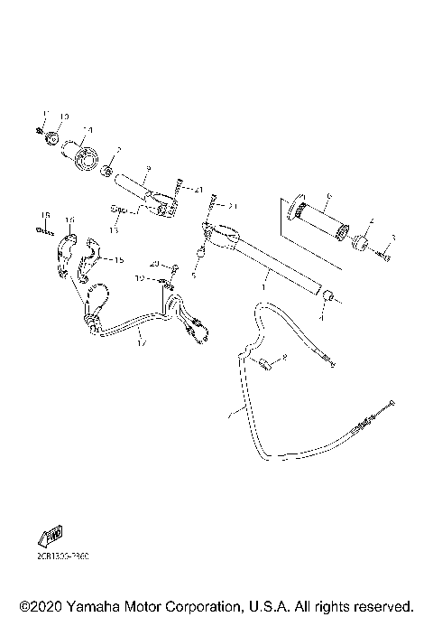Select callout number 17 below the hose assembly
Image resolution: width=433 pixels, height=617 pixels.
142,343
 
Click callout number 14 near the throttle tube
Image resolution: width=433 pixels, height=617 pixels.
88,129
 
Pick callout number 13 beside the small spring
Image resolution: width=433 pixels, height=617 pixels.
114,230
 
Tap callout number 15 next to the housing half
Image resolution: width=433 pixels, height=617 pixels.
118,259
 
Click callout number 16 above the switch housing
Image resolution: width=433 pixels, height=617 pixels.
70,220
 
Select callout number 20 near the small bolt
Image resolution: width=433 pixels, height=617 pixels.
154,263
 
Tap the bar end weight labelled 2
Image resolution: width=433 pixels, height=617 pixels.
360,245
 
